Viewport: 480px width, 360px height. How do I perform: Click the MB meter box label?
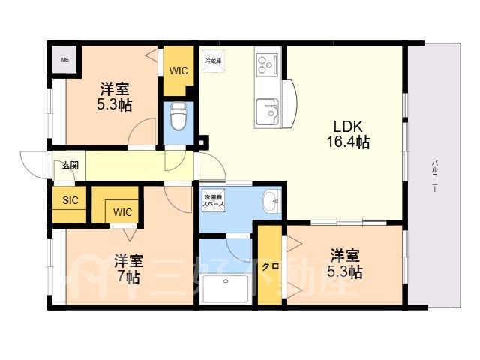tap(64, 60)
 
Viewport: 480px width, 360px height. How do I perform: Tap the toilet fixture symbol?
tap(178, 117)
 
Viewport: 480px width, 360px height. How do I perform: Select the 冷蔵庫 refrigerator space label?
tap(213, 61)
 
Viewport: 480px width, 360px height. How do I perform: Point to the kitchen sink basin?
tap(267, 112)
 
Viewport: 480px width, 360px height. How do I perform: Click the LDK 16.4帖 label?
tap(348, 134)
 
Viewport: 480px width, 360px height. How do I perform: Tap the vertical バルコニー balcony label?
tap(434, 175)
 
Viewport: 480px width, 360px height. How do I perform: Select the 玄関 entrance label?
tap(70, 166)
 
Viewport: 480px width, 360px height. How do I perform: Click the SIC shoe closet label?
tap(70, 200)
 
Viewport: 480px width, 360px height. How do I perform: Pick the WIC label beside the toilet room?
tap(178, 70)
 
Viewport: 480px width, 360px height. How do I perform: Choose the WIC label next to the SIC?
tap(122, 212)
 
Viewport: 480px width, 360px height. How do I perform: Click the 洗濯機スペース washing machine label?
tap(213, 200)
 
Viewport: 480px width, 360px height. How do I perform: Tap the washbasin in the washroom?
tap(271, 201)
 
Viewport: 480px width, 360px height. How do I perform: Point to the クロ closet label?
tap(270, 267)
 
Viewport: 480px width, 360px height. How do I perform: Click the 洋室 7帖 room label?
tap(128, 269)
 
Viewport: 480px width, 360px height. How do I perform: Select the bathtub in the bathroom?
tap(226, 289)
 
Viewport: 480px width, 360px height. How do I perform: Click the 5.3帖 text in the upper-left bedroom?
tap(114, 105)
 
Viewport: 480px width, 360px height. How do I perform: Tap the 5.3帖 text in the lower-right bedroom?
tap(345, 271)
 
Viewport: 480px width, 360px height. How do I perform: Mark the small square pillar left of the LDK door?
tap(202, 142)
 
